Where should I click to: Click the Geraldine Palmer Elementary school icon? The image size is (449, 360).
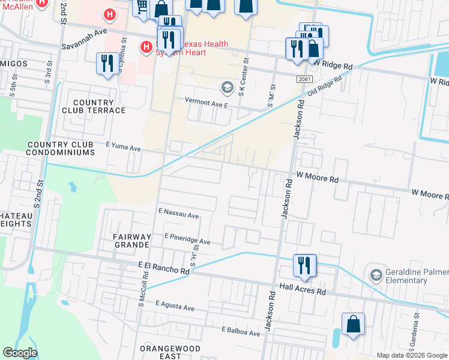point(376,275)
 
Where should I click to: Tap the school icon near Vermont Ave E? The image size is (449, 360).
point(227,88)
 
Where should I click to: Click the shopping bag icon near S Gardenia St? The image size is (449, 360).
point(353,323)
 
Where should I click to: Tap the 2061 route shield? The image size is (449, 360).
point(304,79)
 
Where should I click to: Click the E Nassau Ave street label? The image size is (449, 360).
point(178,214)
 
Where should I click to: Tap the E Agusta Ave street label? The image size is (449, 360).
point(175,307)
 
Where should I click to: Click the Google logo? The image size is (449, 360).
point(20,353)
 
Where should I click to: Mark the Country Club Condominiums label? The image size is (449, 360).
point(61,149)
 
